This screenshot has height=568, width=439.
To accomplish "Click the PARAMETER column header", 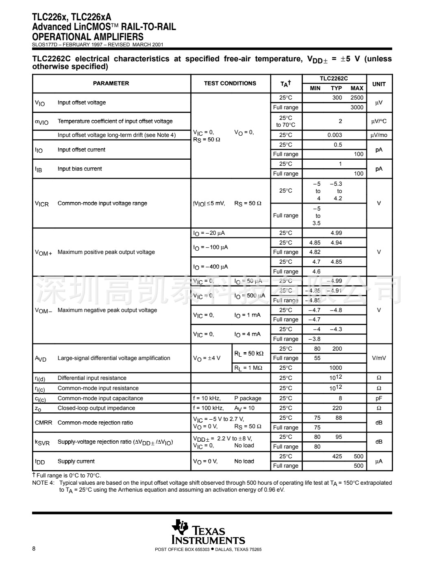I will (111, 83).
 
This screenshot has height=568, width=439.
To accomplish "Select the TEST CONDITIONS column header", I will (230, 83).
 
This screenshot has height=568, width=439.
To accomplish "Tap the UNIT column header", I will (379, 84).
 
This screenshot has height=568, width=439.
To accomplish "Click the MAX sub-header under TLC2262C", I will (357, 88).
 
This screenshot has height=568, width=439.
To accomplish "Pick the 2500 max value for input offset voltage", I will (357, 98).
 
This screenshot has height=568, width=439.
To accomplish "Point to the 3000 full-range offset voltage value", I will (357, 107).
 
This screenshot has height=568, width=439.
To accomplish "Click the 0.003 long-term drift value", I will (335, 135).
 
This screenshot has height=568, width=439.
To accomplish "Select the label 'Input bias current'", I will (80, 169).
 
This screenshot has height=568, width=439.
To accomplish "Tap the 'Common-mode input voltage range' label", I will (102, 203).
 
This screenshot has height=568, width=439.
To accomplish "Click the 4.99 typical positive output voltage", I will (336, 233).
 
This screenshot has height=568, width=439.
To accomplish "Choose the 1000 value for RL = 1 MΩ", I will (336, 368).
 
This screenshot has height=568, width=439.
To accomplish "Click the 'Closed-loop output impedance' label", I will (96, 408).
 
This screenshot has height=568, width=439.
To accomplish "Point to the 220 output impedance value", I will (337, 408).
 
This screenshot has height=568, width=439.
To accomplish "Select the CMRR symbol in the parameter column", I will (43, 423).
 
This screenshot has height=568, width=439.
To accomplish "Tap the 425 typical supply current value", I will (337, 456).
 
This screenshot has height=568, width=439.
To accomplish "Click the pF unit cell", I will (379, 398).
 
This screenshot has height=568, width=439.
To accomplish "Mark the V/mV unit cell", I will (379, 358).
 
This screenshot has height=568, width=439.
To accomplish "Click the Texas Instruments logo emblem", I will (180, 527).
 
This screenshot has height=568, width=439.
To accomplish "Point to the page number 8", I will (34, 549).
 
